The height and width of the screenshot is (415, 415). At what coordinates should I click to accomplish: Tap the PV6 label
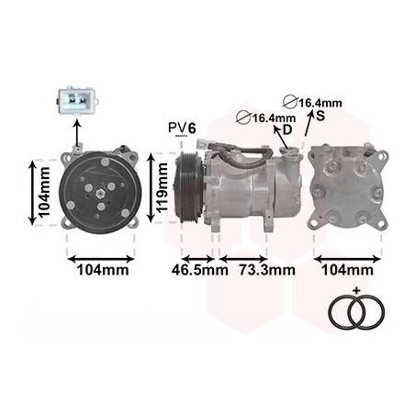click(x=182, y=128)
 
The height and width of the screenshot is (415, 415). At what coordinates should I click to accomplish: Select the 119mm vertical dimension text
click(x=162, y=187)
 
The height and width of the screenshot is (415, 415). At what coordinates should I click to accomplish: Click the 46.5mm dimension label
click(x=200, y=270)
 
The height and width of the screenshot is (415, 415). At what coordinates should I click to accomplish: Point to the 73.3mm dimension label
click(x=267, y=270)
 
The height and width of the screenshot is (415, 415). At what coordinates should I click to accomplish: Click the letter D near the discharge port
click(x=287, y=130)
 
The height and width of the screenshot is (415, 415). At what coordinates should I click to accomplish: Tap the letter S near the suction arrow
click(x=320, y=116)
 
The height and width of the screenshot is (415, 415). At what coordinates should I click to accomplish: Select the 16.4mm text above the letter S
click(x=320, y=103)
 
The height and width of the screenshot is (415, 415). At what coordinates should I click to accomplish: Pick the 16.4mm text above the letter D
click(x=274, y=118)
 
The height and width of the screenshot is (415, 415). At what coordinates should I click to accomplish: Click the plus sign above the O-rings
click(x=356, y=291)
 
